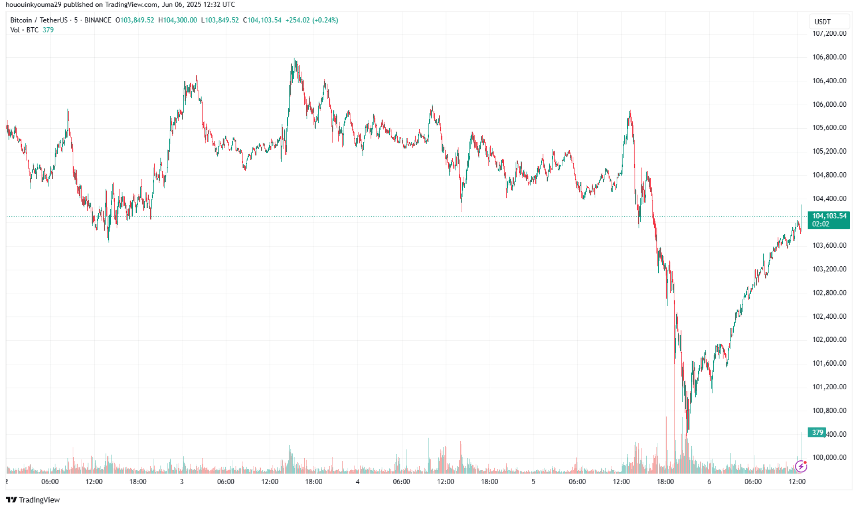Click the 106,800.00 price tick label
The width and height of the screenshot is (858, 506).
coord(829,57)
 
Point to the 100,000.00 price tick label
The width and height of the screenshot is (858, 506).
coord(829,457)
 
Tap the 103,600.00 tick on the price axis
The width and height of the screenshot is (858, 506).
coord(829,245)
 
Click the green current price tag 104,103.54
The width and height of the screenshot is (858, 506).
coord(829,216)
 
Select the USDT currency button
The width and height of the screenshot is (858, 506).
coord(822,21)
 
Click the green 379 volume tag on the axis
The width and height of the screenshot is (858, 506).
coord(817,432)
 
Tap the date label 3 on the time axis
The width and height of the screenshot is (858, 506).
coord(182,481)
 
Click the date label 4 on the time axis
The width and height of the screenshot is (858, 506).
coord(357,481)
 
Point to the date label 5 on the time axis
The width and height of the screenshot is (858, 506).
coord(533,481)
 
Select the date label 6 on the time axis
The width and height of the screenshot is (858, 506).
coord(709,481)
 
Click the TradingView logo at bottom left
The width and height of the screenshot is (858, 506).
coord(33,500)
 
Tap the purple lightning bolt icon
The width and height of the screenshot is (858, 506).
coord(801,467)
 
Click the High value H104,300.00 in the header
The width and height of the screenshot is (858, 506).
coord(177,20)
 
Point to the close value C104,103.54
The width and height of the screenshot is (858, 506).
coord(262,20)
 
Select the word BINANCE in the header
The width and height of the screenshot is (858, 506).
coord(97,20)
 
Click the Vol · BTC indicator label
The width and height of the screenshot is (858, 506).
coord(24,30)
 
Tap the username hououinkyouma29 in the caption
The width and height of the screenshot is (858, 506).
coord(33,4)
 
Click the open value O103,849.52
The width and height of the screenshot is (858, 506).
coord(135,20)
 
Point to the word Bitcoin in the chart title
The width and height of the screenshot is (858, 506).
coord(21,20)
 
